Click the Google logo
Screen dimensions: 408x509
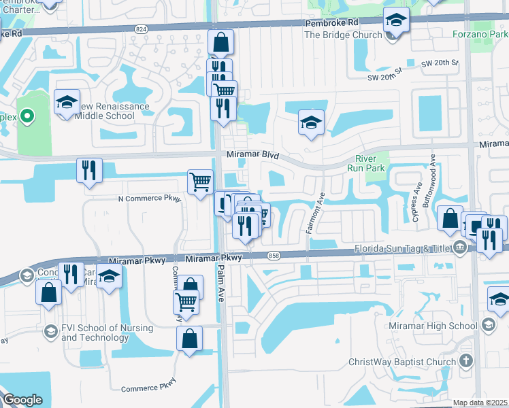[x=22, y=400]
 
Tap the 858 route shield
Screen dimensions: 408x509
[x=274, y=255]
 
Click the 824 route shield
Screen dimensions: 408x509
[x=141, y=29]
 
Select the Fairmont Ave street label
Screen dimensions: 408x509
[x=315, y=213]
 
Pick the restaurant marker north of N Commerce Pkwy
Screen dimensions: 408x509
[x=89, y=170]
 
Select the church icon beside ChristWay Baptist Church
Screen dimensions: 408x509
[x=465, y=361]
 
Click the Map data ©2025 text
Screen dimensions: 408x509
[x=480, y=403]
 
